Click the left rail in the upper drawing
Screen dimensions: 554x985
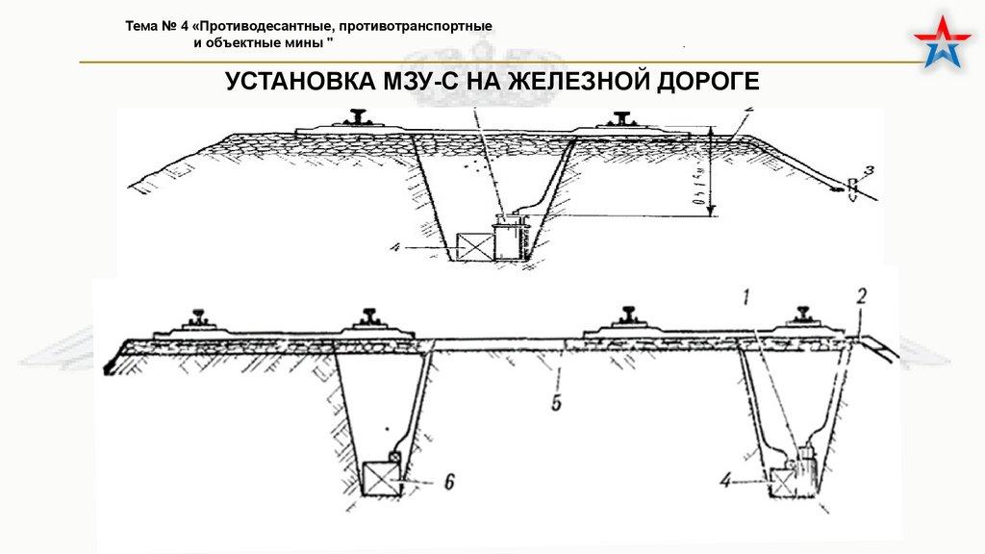coord(360,118)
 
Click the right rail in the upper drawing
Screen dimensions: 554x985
coord(620,118)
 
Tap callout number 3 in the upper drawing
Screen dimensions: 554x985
coord(868,171)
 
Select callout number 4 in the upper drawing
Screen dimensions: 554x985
coord(395,246)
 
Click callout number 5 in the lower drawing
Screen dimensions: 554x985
coord(557,401)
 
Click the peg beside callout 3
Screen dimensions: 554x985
coord(851,187)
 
